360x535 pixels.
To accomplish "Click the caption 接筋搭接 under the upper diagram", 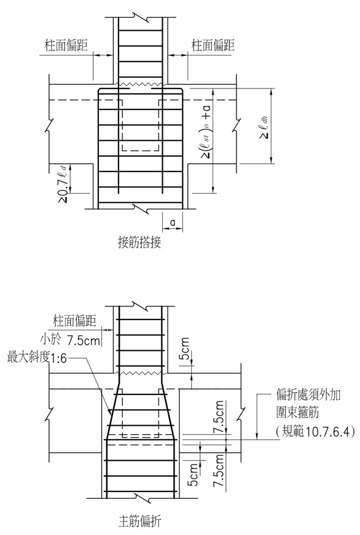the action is click(x=139, y=242).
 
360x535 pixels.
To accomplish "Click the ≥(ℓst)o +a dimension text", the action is click(x=206, y=131).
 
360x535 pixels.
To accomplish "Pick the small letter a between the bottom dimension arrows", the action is click(x=173, y=222).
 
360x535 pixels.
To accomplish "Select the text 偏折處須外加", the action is click(x=308, y=395).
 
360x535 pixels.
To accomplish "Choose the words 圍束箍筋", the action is click(x=297, y=412).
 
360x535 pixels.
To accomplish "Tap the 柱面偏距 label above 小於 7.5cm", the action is click(x=75, y=321).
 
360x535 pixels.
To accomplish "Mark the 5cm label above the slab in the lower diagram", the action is click(x=184, y=348).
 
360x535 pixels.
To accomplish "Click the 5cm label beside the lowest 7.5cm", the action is click(x=193, y=474).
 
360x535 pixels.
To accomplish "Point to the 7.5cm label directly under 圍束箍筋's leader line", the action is click(x=219, y=417).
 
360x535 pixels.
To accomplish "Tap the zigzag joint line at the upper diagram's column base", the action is click(x=140, y=84).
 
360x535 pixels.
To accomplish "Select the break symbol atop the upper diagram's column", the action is click(x=140, y=17).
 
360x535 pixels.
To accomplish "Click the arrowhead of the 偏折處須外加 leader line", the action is click(x=257, y=436).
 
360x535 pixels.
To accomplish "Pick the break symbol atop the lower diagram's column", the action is click(x=140, y=306).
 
